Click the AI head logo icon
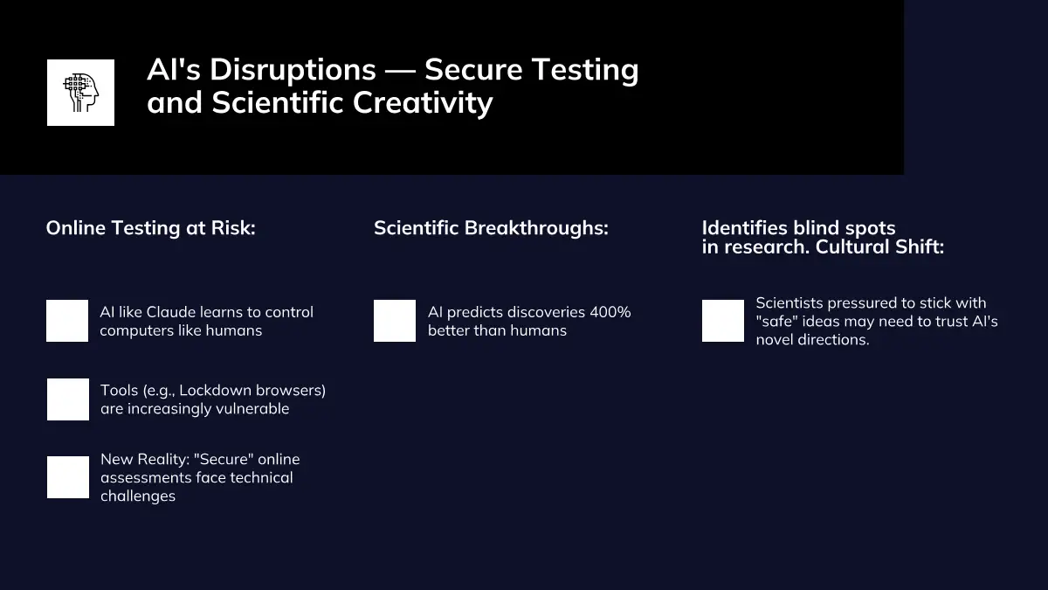(x=80, y=93)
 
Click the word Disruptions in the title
(x=293, y=70)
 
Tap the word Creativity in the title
(x=423, y=102)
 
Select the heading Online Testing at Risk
(x=150, y=228)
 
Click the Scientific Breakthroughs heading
(x=491, y=228)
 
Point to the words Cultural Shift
(x=879, y=246)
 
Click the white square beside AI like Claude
(x=67, y=321)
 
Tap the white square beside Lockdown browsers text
(x=68, y=399)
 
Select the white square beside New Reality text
(x=68, y=477)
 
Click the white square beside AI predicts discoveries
(x=395, y=321)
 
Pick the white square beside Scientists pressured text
(x=723, y=321)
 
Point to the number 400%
(x=610, y=312)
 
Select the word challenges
(x=138, y=496)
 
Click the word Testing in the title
(x=585, y=70)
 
